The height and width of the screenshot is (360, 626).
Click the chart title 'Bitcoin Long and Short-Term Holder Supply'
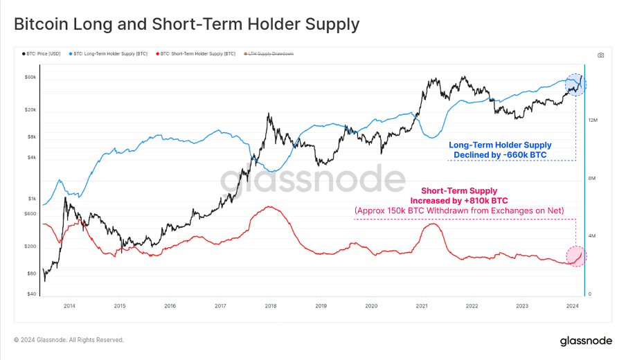click(x=187, y=24)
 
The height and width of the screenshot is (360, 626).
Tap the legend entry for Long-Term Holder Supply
click(x=111, y=53)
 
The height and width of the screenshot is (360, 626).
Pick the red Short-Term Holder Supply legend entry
click(x=197, y=53)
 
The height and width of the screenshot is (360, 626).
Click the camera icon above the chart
click(x=600, y=55)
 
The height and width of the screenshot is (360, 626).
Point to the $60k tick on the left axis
click(x=30, y=77)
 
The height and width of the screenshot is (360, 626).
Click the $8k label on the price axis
click(x=32, y=137)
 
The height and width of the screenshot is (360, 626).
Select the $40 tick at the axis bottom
click(x=32, y=294)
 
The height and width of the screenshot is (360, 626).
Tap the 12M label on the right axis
click(x=593, y=120)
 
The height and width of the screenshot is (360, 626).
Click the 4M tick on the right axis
click(x=592, y=237)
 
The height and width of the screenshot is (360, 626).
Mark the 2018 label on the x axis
click(x=270, y=305)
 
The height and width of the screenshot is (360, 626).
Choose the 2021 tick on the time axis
click(x=421, y=305)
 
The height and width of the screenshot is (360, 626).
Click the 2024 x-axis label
click(x=572, y=305)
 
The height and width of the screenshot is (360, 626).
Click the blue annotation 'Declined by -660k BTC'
click(x=499, y=155)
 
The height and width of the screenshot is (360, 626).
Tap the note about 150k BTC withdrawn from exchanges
click(x=459, y=210)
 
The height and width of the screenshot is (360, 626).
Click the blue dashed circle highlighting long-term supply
click(x=575, y=84)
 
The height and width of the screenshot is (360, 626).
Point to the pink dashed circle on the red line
click(x=575, y=256)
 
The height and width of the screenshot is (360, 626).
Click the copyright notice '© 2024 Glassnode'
click(x=69, y=340)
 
